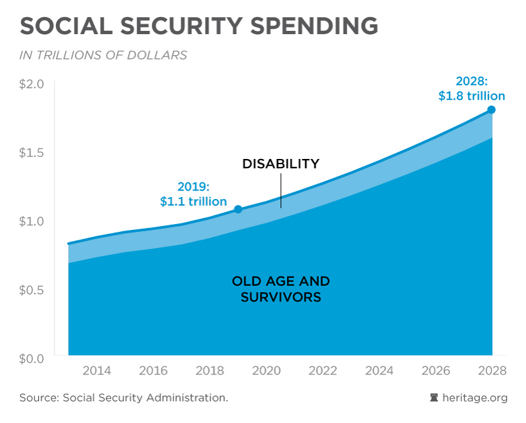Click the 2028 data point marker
pos(491,110)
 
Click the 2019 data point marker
pos(238,209)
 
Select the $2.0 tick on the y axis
pos(32,84)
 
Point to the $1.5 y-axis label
pos(32,152)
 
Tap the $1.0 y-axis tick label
pos(32,221)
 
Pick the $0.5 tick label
pos(32,290)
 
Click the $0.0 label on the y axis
pos(32,358)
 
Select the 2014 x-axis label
pos(96,370)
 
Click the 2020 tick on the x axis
pos(266,370)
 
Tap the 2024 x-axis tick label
pos(379,370)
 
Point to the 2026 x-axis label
pos(436,370)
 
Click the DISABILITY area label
pos(281,164)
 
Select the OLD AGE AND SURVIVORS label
pos(281,289)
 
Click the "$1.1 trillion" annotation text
pos(193,202)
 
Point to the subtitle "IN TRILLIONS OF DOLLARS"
pos(103,55)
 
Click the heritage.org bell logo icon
pos(434,397)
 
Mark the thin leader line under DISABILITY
pos(281,192)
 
